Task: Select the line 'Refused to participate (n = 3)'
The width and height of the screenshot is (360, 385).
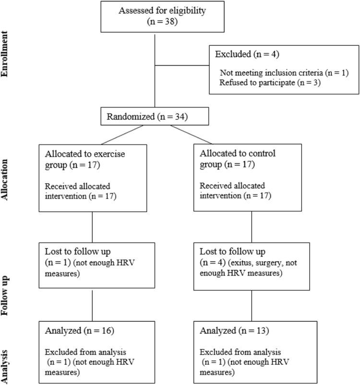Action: click(x=264, y=82)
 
